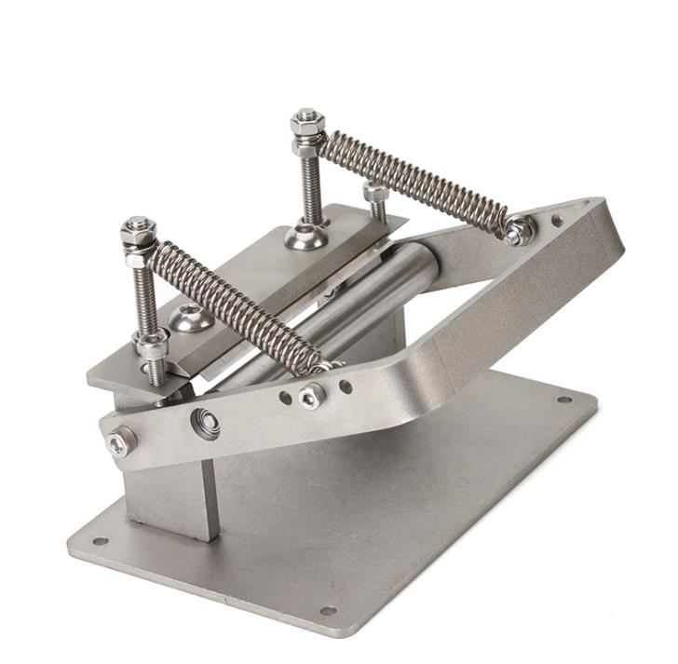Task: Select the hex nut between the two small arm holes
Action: (x=311, y=397)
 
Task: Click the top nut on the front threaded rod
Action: (x=138, y=227)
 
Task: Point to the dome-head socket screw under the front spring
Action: (x=189, y=318)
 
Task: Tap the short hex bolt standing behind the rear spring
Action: (x=375, y=198)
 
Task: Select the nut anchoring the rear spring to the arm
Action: (x=518, y=230)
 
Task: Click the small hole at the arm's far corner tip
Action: (x=557, y=222)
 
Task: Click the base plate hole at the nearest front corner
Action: (x=328, y=611)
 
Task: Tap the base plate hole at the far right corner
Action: (x=563, y=400)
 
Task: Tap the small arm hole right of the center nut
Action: (x=346, y=386)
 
